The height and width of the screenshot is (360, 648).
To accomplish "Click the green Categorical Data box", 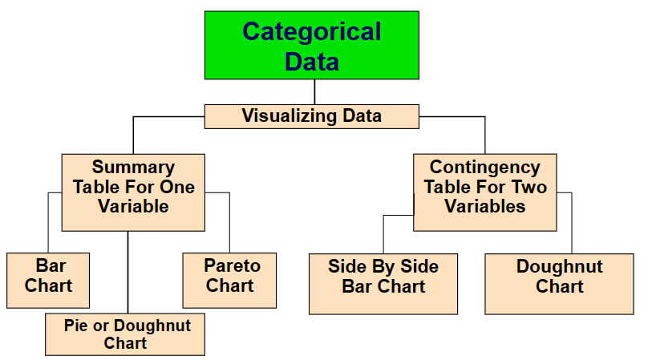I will click(312, 45).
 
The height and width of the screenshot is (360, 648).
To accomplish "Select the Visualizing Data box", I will click(312, 116).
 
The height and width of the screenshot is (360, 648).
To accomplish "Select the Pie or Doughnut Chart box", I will click(125, 334).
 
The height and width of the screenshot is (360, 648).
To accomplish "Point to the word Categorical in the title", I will click(312, 32).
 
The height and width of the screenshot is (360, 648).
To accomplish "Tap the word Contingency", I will click(485, 168).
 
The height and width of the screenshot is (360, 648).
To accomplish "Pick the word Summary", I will click(133, 168).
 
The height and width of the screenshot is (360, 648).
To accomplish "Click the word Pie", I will click(76, 326).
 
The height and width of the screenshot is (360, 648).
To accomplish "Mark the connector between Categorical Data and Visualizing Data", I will click(314, 92).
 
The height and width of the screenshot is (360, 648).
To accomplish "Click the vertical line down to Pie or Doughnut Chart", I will click(128, 273).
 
